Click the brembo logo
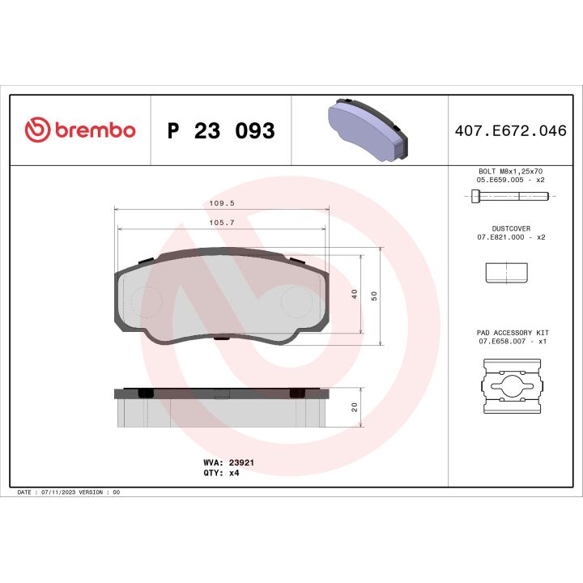click(79, 130)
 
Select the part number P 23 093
click(220, 131)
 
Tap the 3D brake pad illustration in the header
click(370, 130)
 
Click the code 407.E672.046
click(512, 131)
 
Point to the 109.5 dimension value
click(222, 205)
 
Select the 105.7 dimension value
click(222, 222)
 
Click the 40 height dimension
click(355, 295)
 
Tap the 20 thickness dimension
click(355, 407)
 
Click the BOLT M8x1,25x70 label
click(510, 172)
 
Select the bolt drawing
click(509, 196)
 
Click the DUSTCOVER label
click(510, 229)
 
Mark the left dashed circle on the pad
click(147, 303)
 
